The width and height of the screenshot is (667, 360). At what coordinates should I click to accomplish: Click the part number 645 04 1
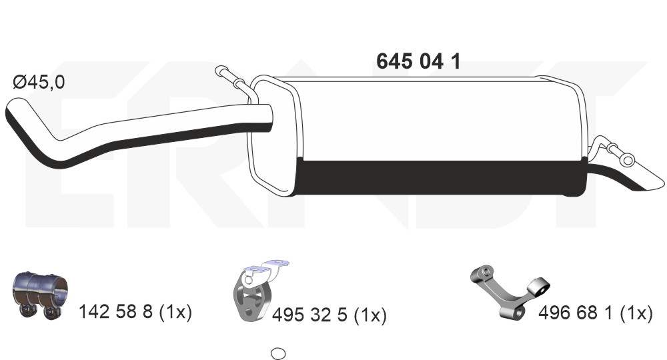click(x=418, y=61)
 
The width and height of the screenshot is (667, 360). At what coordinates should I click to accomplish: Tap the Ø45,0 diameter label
click(x=39, y=81)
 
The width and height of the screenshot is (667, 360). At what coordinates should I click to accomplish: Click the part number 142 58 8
click(x=115, y=311)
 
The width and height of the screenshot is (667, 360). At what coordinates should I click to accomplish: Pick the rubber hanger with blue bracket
click(x=257, y=290)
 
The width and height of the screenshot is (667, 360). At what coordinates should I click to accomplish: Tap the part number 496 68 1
click(x=576, y=313)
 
